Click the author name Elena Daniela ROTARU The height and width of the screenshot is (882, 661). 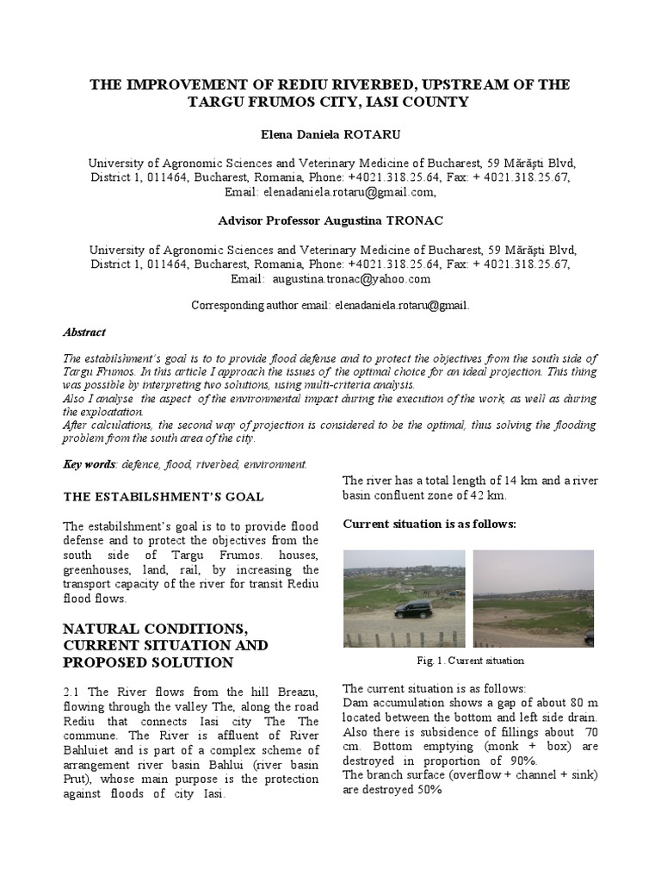(x=330, y=135)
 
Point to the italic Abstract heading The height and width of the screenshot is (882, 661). (x=85, y=331)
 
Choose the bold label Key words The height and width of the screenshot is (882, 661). (x=90, y=464)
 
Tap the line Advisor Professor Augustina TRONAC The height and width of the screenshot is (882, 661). (x=330, y=221)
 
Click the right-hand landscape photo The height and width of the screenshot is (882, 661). (x=533, y=599)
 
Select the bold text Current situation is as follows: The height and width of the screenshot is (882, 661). (x=429, y=524)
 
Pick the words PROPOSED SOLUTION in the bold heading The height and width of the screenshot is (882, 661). (x=148, y=662)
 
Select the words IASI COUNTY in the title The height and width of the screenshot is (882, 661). (x=413, y=102)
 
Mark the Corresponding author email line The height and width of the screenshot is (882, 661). (x=330, y=305)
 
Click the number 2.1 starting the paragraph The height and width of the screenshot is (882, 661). (x=74, y=694)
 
